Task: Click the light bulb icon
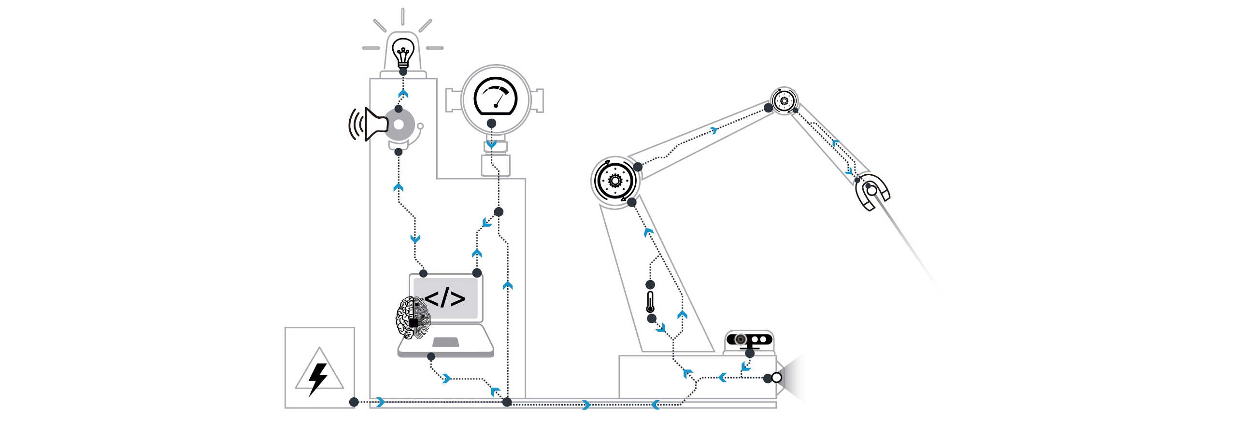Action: point(403,53)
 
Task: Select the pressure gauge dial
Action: point(495,97)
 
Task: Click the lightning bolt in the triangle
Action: point(318,377)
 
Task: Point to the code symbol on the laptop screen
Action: point(444,298)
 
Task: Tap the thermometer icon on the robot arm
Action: point(650,302)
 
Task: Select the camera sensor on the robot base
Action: point(749,339)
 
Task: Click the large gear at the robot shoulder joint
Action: point(615,181)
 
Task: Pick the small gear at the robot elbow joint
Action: point(784,101)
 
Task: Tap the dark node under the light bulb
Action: point(403,71)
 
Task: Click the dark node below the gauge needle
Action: point(491,123)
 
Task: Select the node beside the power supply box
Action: point(354,402)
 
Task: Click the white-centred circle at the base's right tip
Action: point(776,378)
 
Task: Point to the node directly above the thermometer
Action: point(650,284)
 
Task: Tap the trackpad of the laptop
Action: point(446,342)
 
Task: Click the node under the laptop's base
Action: point(431,357)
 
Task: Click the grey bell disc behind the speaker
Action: point(400,124)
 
